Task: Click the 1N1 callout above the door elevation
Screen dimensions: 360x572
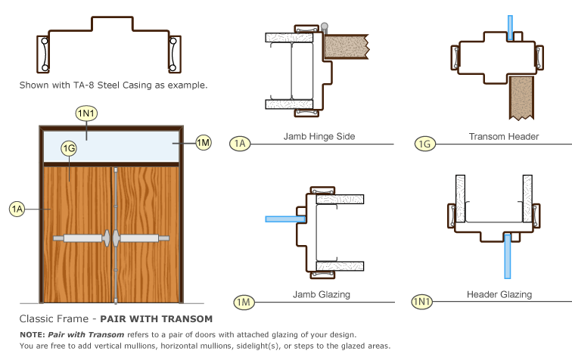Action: pyautogui.click(x=85, y=113)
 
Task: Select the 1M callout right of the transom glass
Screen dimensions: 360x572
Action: pyautogui.click(x=203, y=141)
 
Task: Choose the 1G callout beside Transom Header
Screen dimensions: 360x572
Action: pyautogui.click(x=426, y=143)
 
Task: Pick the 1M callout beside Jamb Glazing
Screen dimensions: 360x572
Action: pyautogui.click(x=244, y=303)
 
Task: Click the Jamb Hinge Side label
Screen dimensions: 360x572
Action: pyautogui.click(x=319, y=137)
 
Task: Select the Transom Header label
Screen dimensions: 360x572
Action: pyautogui.click(x=503, y=137)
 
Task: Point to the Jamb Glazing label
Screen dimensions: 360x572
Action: pyautogui.click(x=316, y=294)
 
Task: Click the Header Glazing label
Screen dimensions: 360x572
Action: pyautogui.click(x=499, y=294)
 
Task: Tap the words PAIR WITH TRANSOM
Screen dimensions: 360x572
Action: pyautogui.click(x=166, y=318)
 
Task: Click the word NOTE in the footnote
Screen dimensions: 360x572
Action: pyautogui.click(x=32, y=334)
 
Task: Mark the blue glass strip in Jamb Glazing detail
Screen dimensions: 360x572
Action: pyautogui.click(x=284, y=219)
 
